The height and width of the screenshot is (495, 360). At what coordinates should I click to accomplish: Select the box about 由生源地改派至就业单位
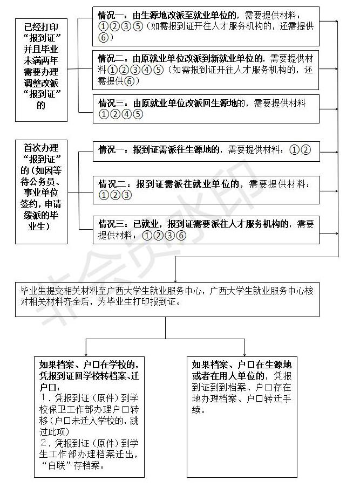coord(205,26)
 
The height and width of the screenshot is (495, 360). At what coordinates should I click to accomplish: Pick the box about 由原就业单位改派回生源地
coord(205,108)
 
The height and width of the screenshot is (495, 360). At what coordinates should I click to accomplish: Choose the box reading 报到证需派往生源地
coord(205,150)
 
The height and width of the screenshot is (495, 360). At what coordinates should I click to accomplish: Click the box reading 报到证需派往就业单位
coord(205,189)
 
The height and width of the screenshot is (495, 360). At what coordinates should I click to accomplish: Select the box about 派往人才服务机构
coord(205,229)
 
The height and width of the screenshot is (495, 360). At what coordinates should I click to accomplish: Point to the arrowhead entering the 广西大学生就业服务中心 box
coord(175,277)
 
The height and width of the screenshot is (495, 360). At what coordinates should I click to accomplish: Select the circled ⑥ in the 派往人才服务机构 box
coord(181,236)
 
